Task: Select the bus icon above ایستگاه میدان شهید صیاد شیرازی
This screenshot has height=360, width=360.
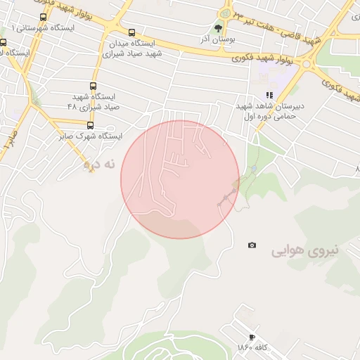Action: pyautogui.click(x=132, y=32)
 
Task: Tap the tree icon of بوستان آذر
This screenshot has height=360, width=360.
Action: pyautogui.click(x=217, y=29)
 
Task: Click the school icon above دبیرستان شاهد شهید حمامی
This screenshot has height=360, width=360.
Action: pyautogui.click(x=269, y=95)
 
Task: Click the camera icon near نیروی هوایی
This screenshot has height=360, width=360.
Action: pyautogui.click(x=252, y=245)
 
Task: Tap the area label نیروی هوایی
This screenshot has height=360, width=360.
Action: pyautogui.click(x=305, y=250)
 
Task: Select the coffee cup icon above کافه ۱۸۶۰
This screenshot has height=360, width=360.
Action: pyautogui.click(x=252, y=337)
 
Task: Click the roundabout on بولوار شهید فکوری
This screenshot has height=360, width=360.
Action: pyautogui.click(x=225, y=13)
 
